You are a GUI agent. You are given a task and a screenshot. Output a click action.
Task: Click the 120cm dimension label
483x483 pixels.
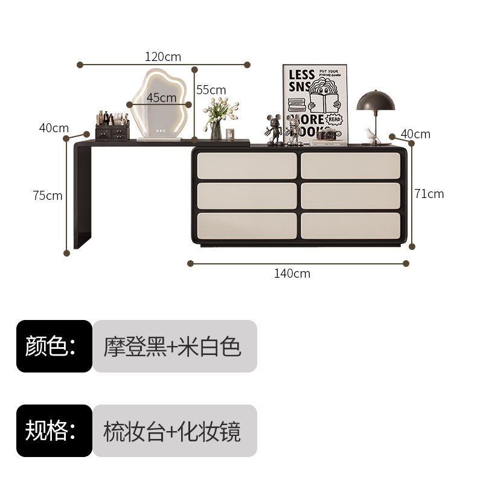pos(163,57)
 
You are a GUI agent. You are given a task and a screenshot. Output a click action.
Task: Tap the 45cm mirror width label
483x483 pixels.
pos(161,97)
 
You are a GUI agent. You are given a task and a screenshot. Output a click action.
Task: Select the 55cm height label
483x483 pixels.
pos(211,90)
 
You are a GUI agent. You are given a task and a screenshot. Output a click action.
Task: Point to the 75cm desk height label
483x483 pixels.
pos(48,196)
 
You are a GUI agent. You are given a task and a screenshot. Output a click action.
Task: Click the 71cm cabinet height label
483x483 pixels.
pos(429,194)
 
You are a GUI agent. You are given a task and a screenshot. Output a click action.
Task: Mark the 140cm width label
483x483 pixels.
pos(292,273)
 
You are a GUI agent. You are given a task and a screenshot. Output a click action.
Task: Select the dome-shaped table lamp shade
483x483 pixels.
pos(376,100)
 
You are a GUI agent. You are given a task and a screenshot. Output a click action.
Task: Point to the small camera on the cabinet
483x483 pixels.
pos(327,135)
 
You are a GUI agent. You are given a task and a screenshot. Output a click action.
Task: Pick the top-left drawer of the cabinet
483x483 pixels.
pos(246,165)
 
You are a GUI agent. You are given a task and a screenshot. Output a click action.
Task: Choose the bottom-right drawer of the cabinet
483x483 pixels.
pos(350,225)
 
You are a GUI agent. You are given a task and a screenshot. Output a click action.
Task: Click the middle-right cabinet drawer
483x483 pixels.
pos(350,196)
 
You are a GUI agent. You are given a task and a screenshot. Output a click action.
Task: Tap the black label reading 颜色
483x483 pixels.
pos(54,346)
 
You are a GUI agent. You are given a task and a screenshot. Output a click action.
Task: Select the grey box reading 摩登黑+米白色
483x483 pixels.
pos(174,346)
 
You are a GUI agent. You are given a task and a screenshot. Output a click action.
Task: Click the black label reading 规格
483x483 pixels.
pos(54,430)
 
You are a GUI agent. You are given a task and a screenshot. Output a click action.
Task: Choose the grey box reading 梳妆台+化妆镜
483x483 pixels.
pos(174,430)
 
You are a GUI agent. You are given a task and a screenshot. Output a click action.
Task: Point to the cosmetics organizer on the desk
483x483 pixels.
pos(112,127)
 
